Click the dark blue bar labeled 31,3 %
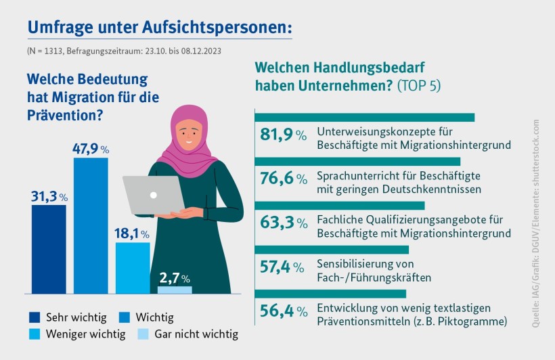(x=49, y=248)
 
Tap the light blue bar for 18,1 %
(x=133, y=267)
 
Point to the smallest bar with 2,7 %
(x=175, y=290)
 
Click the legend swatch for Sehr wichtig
(x=35, y=317)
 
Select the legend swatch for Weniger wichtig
(x=35, y=334)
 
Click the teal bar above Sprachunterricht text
(x=357, y=161)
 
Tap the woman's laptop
(x=154, y=195)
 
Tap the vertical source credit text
(x=535, y=223)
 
